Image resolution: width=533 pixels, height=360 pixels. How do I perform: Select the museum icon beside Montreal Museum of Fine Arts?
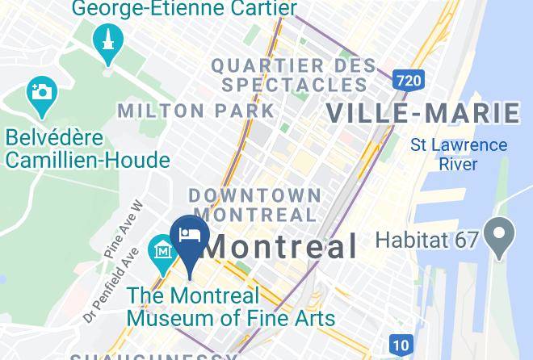164,251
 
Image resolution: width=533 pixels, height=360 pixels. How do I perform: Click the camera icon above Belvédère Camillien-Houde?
41,92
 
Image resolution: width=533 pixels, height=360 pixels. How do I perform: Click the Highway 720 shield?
408,79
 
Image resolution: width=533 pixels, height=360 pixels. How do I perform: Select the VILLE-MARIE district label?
422,113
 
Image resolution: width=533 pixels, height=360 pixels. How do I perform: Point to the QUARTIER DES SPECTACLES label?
293,74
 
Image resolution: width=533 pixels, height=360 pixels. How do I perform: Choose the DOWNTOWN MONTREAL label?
255,205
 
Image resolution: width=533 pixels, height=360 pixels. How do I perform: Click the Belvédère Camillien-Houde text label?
87,149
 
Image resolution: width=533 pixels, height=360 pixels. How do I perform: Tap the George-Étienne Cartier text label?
183,9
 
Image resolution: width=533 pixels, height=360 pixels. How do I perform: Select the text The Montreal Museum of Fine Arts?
230,307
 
